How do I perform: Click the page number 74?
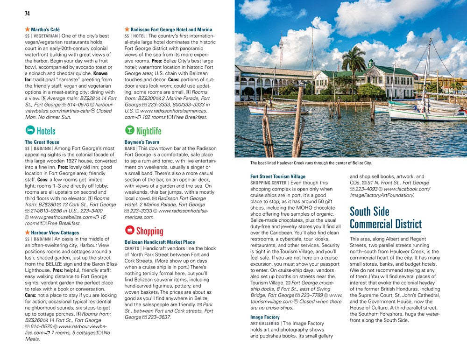click(27, 14)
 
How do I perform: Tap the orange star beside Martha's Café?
click(27, 29)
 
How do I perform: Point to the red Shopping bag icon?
click(129, 230)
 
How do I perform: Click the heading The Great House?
click(42, 142)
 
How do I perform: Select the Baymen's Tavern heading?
click(142, 142)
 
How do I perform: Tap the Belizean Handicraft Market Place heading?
click(160, 242)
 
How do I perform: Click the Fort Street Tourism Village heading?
click(277, 176)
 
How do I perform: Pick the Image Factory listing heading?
click(265, 317)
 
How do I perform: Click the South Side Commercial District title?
click(385, 218)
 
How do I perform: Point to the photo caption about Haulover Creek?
click(311, 163)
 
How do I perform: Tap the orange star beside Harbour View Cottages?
click(27, 232)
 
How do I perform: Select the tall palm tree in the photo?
click(354, 63)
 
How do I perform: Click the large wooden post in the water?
click(297, 121)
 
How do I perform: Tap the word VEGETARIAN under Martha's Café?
click(46, 36)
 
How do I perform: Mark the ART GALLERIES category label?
click(264, 324)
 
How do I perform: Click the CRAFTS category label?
click(132, 249)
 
